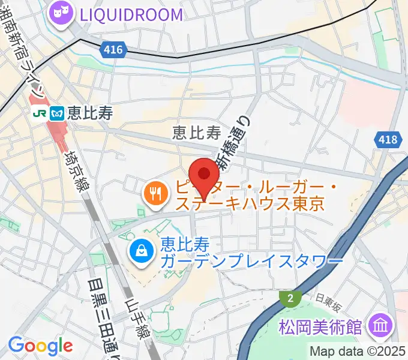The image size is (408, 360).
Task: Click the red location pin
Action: (x=205, y=175)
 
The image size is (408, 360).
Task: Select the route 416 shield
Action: (x=111, y=48)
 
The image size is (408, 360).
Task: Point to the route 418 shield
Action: (x=388, y=140)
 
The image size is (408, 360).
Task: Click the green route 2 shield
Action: (x=290, y=298)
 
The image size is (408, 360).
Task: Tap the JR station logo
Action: (x=40, y=112)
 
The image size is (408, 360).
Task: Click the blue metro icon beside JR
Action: (x=58, y=112)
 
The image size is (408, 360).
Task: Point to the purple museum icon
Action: (x=381, y=327)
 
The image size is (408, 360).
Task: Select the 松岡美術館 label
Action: (x=320, y=328)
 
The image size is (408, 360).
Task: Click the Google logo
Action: (x=40, y=345)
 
